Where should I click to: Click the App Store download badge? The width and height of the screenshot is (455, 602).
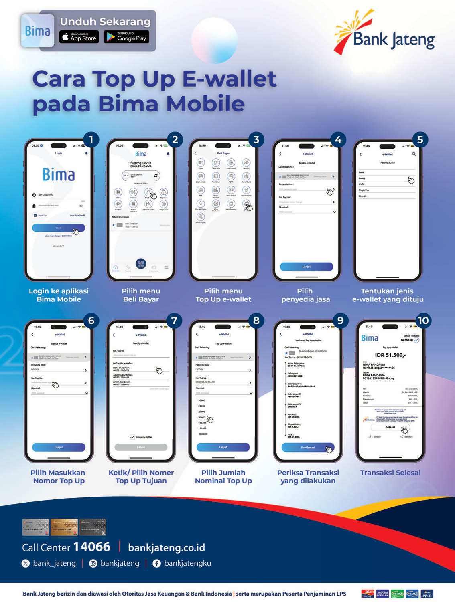[x=79, y=37]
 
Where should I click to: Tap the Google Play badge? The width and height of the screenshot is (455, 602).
[x=126, y=37]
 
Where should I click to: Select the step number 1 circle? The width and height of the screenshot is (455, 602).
[x=91, y=140]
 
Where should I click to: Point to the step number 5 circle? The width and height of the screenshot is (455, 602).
[x=420, y=140]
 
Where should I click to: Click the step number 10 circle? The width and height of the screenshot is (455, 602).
[x=423, y=321]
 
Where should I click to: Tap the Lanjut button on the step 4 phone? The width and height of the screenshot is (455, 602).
[x=307, y=267]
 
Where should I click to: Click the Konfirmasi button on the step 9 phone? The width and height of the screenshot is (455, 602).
[x=308, y=448]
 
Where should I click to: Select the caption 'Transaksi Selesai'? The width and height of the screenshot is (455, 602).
[x=390, y=473]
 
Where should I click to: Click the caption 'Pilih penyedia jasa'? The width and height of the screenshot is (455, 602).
[x=305, y=295]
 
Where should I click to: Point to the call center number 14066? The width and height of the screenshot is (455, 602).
[x=91, y=547]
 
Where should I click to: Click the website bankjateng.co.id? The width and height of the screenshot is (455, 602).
[x=167, y=547]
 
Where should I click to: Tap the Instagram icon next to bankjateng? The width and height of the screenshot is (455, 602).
[x=93, y=564]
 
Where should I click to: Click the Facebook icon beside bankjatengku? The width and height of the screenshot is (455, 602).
[x=157, y=564]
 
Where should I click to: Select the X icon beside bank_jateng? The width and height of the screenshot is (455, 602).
[x=26, y=564]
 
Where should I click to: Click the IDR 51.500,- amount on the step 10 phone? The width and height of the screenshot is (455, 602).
[x=390, y=355]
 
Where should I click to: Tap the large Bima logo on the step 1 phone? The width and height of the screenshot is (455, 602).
[x=59, y=175]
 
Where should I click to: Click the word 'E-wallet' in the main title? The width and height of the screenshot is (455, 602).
[x=229, y=79]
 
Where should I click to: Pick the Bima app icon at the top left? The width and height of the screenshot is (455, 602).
[x=37, y=31]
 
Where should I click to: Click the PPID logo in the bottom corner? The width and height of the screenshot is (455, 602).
[x=427, y=594]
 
